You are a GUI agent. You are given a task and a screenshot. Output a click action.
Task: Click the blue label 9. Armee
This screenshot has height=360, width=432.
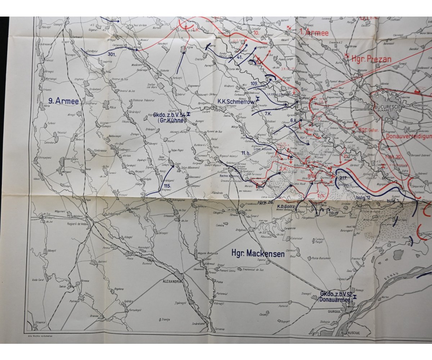pos(64,102)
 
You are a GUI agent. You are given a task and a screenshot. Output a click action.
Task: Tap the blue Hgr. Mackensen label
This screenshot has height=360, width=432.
pos(258,254)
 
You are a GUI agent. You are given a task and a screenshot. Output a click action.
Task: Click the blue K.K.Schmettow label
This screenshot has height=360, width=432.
pos(236,102)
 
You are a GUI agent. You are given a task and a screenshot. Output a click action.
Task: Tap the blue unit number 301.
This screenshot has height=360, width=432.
pos(112,54)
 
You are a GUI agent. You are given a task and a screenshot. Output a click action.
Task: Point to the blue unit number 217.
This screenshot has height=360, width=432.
pos(343,178)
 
